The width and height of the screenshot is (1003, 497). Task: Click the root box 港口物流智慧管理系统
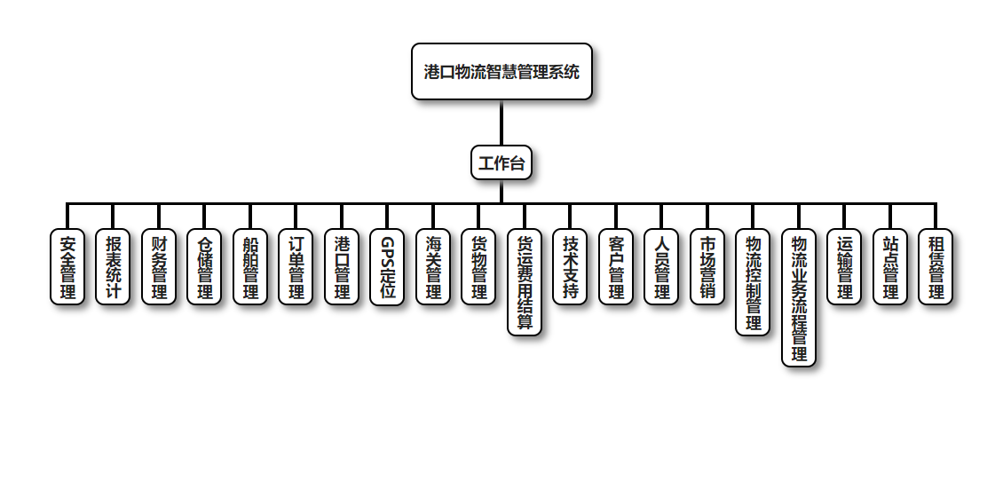tap(501, 72)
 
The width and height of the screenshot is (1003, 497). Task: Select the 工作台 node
tap(501, 163)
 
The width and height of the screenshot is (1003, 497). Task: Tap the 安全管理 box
tap(67, 267)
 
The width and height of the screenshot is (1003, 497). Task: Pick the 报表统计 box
tap(113, 267)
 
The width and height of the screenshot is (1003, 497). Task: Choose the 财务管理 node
tap(159, 267)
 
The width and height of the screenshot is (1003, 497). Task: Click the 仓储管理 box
tap(204, 267)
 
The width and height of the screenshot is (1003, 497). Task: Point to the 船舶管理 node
tap(250, 267)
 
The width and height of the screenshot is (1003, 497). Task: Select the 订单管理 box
tap(296, 267)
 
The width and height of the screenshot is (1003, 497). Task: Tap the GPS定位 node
tap(387, 267)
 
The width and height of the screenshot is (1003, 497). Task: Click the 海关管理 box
tap(433, 267)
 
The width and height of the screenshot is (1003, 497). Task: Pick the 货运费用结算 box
tap(525, 282)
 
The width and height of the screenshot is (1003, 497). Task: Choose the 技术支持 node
tap(570, 267)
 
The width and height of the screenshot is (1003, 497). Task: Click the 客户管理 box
tap(616, 267)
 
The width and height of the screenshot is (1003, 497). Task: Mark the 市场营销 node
tap(707, 267)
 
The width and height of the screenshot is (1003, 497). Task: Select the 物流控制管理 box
tap(753, 282)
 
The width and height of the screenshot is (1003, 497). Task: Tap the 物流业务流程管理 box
tap(799, 297)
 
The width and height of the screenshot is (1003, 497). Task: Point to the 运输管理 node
tap(844, 267)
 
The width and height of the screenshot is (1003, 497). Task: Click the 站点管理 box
tap(890, 267)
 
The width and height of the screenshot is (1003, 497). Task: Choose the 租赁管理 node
tap(936, 267)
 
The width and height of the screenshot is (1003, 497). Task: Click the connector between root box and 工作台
tap(501, 122)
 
